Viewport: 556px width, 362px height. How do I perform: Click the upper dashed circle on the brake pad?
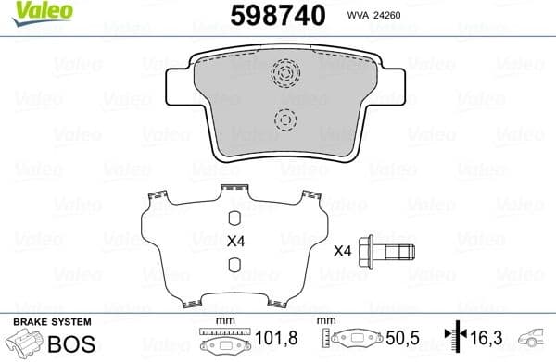click(286, 72)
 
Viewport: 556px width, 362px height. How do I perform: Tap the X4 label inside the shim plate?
click(235, 243)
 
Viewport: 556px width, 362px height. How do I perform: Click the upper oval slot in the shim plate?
click(235, 218)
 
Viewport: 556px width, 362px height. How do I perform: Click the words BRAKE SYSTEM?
click(51, 321)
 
